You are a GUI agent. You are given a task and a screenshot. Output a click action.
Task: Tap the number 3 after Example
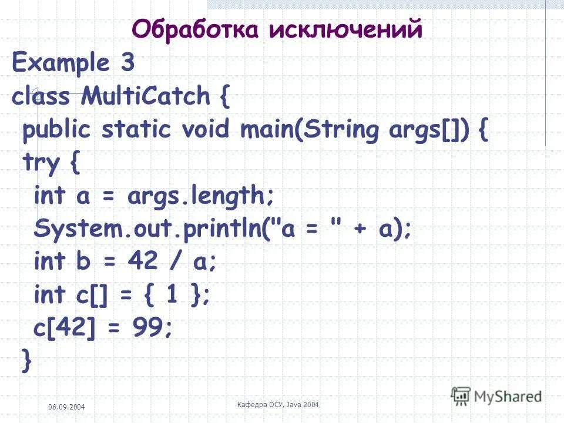[x=128, y=63]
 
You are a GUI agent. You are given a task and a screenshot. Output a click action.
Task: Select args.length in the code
[x=199, y=196]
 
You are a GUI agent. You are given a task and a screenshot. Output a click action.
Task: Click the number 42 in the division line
[x=142, y=262]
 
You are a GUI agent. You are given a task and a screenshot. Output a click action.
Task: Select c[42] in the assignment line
[x=64, y=328]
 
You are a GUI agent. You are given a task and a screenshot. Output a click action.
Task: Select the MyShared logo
[x=496, y=397]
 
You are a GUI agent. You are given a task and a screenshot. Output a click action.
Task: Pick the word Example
[x=62, y=63]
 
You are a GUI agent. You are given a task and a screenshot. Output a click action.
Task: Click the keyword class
[x=41, y=96]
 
